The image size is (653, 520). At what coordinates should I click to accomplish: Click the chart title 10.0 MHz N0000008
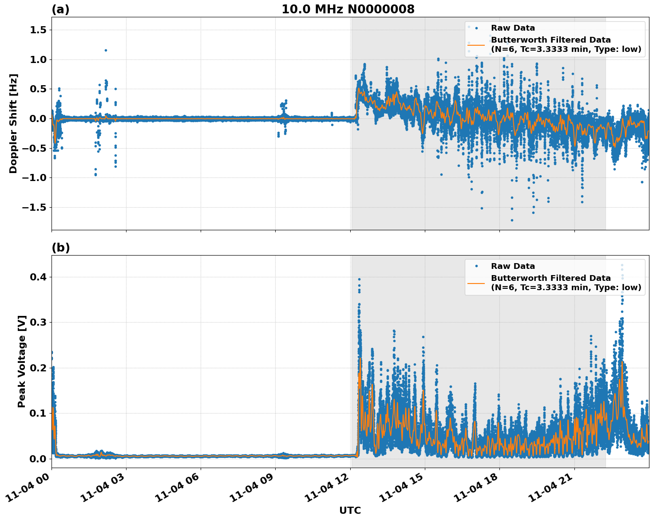(348, 9)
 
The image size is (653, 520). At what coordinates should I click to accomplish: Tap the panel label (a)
(60, 9)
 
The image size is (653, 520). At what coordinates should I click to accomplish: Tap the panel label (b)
(60, 248)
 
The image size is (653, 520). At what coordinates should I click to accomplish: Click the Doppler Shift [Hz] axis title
(13, 123)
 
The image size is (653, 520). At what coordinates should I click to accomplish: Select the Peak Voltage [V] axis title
(22, 361)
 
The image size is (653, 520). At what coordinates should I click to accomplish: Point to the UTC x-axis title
(350, 510)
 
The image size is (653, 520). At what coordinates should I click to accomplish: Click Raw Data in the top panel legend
(513, 28)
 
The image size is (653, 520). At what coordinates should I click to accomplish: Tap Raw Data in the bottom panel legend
(513, 266)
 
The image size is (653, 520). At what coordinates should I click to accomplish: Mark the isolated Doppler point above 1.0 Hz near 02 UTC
(106, 50)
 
